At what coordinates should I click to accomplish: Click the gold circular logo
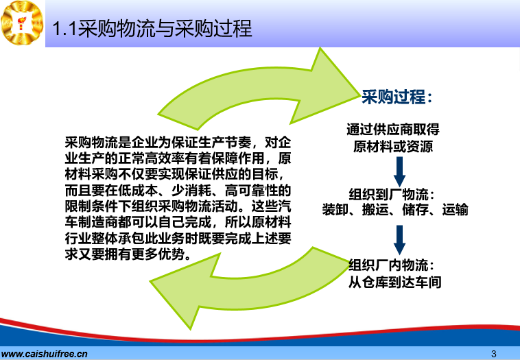[x=22, y=23]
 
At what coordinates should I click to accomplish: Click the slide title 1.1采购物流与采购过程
[x=152, y=29]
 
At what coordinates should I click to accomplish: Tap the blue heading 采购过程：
[x=397, y=97]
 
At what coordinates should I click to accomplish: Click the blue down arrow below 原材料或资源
[x=400, y=171]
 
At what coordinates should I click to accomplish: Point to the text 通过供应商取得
[x=393, y=130]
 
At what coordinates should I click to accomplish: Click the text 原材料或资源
[x=393, y=147]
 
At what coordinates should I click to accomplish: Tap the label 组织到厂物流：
[x=392, y=194]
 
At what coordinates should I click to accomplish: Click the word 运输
[x=455, y=210]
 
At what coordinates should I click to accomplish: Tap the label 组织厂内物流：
[x=392, y=265]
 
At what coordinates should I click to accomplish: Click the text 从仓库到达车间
[x=394, y=283]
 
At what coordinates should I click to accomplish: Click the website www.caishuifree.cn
[x=44, y=354]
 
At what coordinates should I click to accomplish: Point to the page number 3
[x=494, y=354]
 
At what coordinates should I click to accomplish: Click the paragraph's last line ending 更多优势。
[x=128, y=254]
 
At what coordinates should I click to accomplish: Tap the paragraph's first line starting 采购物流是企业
[x=178, y=143]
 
